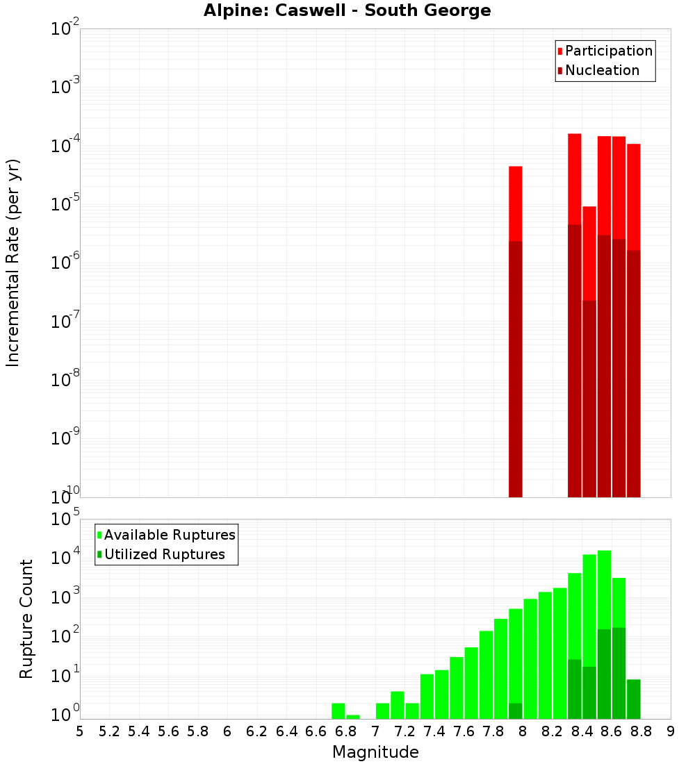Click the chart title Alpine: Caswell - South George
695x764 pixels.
coord(347,11)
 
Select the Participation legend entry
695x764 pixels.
coord(608,51)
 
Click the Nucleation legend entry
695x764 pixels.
coord(601,70)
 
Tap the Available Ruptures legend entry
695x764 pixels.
coord(169,535)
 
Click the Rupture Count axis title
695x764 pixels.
coord(26,618)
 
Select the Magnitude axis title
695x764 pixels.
coord(375,751)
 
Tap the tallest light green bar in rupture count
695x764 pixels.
coord(604,590)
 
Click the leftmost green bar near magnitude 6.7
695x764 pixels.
coord(338,711)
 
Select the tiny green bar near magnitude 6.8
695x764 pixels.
coord(353,717)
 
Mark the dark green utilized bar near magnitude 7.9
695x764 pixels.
coord(515,711)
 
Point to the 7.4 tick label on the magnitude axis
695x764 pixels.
coord(434,731)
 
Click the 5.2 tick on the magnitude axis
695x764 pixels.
coord(109,731)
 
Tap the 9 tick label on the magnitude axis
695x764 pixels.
coord(671,731)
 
